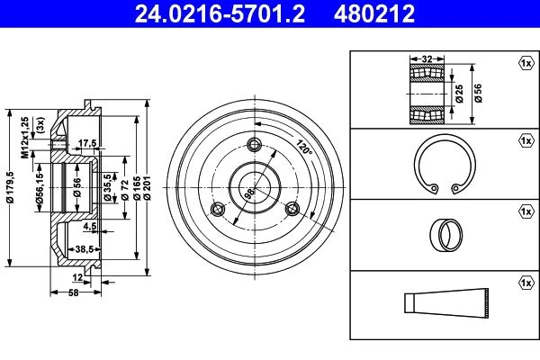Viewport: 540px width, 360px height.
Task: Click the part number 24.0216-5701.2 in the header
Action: point(220,13)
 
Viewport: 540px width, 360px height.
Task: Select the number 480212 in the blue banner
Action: point(374,13)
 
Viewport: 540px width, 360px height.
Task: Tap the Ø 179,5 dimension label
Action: point(10,187)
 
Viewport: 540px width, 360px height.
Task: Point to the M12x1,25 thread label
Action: point(25,138)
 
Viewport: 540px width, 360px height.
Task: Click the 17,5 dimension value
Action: point(87,143)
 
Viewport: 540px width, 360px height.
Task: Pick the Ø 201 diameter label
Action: point(147,188)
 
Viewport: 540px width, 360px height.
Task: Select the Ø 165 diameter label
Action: point(137,188)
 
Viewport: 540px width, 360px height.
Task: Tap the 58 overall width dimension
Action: point(74,292)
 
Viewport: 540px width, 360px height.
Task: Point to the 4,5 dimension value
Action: point(89,226)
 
